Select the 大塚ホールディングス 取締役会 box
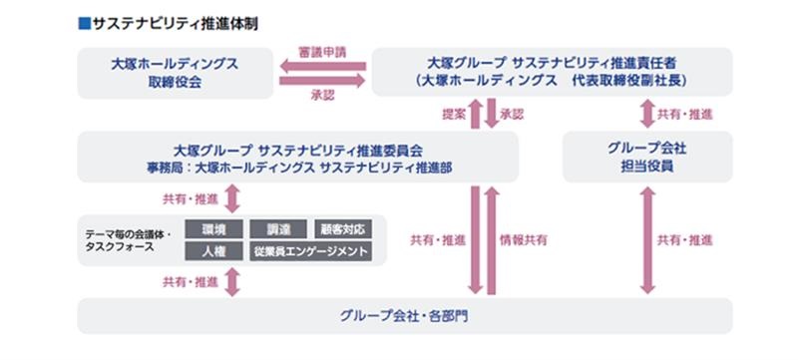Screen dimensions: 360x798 click(176, 72)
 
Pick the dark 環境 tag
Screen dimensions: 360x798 click(212, 229)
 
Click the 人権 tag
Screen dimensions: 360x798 click(212, 251)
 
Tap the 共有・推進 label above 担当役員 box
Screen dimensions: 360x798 click(686, 114)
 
